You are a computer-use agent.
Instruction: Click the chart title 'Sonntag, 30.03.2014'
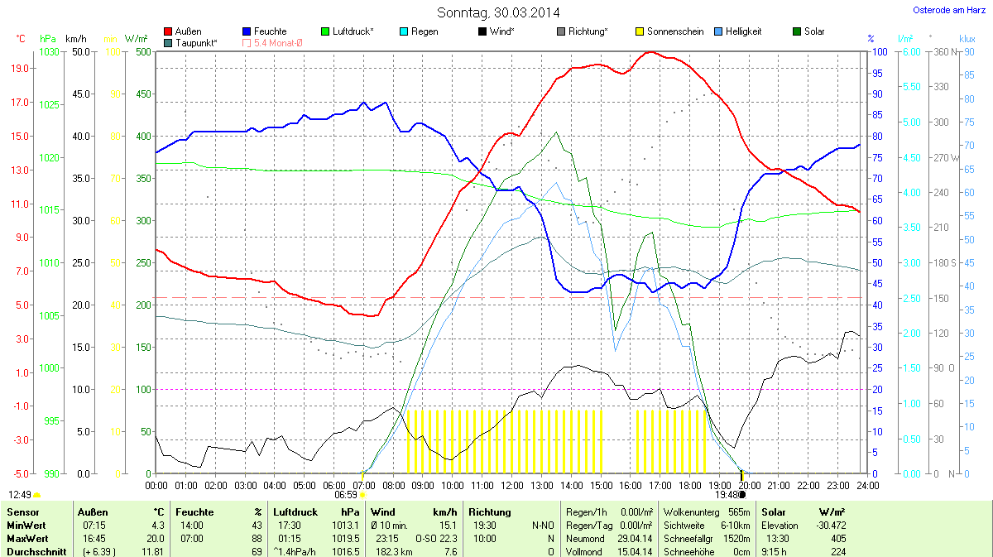pos(498,12)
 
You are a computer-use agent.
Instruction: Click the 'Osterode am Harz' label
pos(944,10)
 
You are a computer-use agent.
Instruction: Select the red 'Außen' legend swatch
pos(169,31)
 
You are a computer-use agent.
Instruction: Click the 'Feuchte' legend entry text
pos(270,31)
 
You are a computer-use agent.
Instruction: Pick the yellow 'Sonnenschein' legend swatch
pos(640,31)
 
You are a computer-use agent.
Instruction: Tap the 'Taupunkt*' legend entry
pos(196,42)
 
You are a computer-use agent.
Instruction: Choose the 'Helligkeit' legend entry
pos(743,31)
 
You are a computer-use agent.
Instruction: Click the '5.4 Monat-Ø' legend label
pos(278,42)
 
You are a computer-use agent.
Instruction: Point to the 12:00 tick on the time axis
pos(511,485)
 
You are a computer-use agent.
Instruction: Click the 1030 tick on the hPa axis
pos(49,51)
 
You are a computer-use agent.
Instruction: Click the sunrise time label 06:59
pos(345,494)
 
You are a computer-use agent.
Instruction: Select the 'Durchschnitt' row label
pos(36,552)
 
